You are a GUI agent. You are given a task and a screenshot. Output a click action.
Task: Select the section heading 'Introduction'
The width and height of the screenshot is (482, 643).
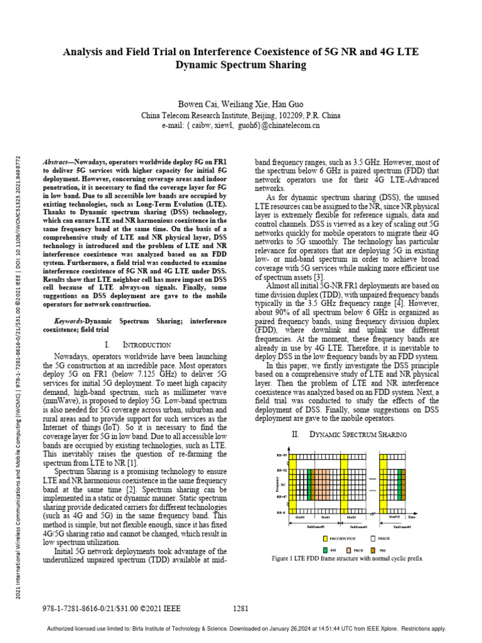coord(146,345)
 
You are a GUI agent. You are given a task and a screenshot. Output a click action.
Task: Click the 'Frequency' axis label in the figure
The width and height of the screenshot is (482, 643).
coord(277,484)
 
